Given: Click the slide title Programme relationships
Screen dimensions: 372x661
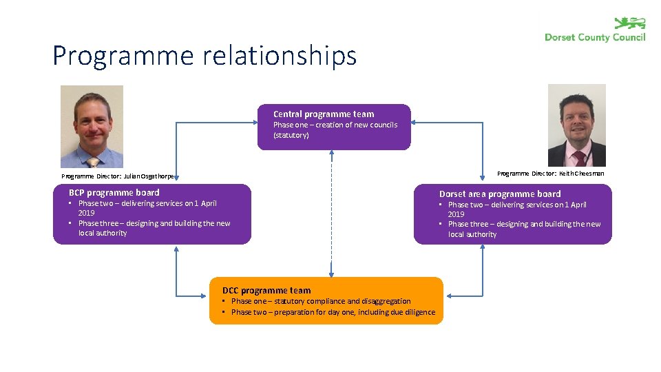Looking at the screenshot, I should pyautogui.click(x=204, y=56).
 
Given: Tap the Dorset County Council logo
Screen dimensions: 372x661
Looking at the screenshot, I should pyautogui.click(x=595, y=30).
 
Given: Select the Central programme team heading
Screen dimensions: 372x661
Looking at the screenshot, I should pyautogui.click(x=324, y=114).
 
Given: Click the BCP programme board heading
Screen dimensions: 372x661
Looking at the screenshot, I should pyautogui.click(x=114, y=193).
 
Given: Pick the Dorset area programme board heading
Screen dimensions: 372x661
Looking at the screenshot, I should pyautogui.click(x=500, y=194).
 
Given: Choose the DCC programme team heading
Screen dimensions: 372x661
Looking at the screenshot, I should pyautogui.click(x=266, y=291).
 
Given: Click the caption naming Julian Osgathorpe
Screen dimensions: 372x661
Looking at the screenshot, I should pyautogui.click(x=118, y=176).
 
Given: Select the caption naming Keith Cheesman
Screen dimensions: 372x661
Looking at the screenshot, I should pyautogui.click(x=550, y=174).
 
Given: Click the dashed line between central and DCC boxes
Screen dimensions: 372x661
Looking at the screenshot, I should pyautogui.click(x=331, y=214).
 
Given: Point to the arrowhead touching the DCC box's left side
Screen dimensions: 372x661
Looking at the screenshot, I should pyautogui.click(x=205, y=295).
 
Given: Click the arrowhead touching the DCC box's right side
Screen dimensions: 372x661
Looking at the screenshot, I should pyautogui.click(x=448, y=295).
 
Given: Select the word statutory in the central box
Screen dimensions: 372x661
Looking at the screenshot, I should pyautogui.click(x=291, y=135).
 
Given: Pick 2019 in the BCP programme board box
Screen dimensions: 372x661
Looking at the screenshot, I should pyautogui.click(x=87, y=213).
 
